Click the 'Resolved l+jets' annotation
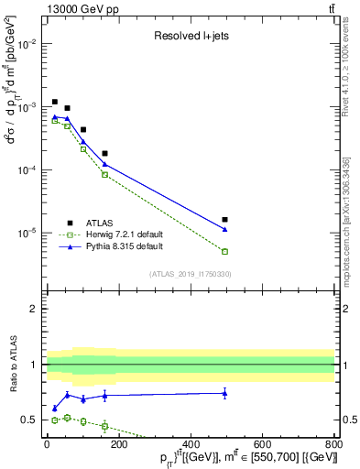(191, 37)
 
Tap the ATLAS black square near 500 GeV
(224, 220)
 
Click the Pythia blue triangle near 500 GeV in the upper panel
(224, 229)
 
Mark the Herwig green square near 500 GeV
(224, 251)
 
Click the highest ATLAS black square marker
(55, 102)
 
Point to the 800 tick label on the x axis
(333, 446)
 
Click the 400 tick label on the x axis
(191, 446)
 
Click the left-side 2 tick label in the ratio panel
(33, 309)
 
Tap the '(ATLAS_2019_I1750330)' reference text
(191, 274)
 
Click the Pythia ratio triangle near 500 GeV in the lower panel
(224, 393)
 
